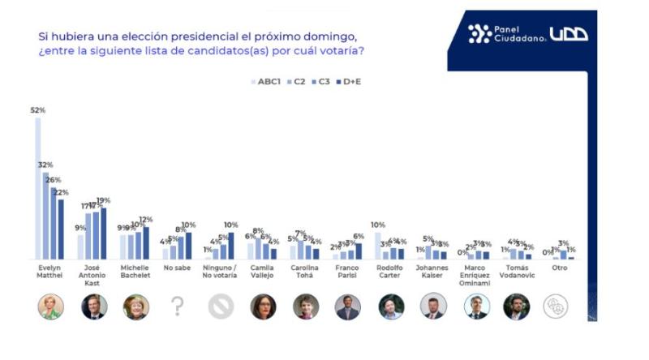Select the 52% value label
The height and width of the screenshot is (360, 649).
pyautogui.click(x=38, y=110)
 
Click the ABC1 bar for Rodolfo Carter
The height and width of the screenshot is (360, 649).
pyautogui.click(x=378, y=246)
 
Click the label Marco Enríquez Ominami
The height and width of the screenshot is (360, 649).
pyautogui.click(x=475, y=277)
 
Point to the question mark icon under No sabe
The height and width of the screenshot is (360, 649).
pyautogui.click(x=178, y=306)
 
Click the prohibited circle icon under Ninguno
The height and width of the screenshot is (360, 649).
pyautogui.click(x=220, y=306)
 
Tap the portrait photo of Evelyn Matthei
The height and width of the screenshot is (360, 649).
pyautogui.click(x=50, y=306)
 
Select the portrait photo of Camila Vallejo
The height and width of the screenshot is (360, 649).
pyautogui.click(x=263, y=306)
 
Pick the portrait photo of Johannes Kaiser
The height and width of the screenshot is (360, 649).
pyautogui.click(x=433, y=306)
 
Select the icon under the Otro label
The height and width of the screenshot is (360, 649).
pyautogui.click(x=561, y=306)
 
